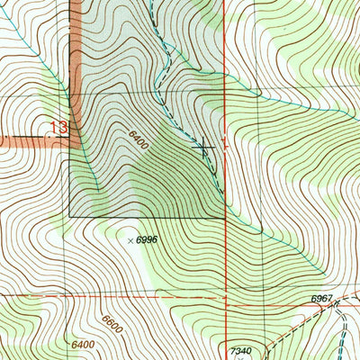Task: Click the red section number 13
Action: [59, 129]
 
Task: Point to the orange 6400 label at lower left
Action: [81, 345]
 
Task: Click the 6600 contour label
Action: [112, 321]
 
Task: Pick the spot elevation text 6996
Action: [147, 240]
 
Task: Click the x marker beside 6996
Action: [130, 240]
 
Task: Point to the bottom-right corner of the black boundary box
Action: [224, 217]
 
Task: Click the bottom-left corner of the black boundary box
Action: [70, 217]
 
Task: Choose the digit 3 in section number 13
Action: [64, 129]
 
